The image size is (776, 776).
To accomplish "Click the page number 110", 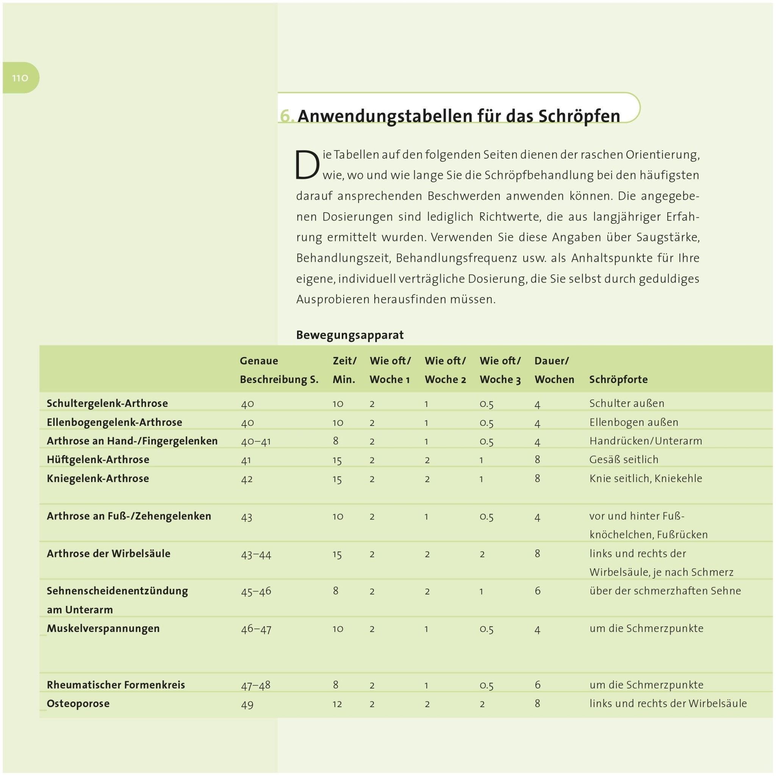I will tap(20, 78).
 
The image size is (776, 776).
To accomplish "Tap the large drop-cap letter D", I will tap(307, 165).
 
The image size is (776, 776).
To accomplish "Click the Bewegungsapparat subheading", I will tap(349, 335).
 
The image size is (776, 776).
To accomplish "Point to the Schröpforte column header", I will tap(618, 380).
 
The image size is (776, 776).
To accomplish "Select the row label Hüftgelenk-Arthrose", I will tap(98, 460).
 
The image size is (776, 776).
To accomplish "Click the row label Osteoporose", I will tap(78, 703).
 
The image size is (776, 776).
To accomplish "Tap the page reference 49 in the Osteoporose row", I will tap(247, 704).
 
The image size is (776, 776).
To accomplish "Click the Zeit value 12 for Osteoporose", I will tap(337, 704).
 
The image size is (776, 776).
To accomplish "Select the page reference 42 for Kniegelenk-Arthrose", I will tap(247, 479).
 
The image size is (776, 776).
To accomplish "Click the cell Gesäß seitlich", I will tap(624, 460).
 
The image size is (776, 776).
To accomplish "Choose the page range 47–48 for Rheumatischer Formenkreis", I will tap(255, 685).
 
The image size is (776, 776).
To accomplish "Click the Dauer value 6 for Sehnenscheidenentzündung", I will tap(537, 591).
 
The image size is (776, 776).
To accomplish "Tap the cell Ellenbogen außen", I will tap(634, 422).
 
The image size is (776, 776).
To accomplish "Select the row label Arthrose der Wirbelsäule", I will tap(108, 554).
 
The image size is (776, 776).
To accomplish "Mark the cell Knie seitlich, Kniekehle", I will tap(645, 479).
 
